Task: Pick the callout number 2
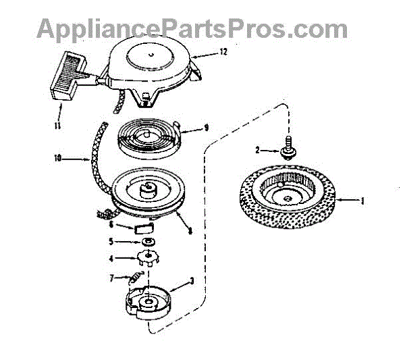[257, 149]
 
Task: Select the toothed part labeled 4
[148, 257]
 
